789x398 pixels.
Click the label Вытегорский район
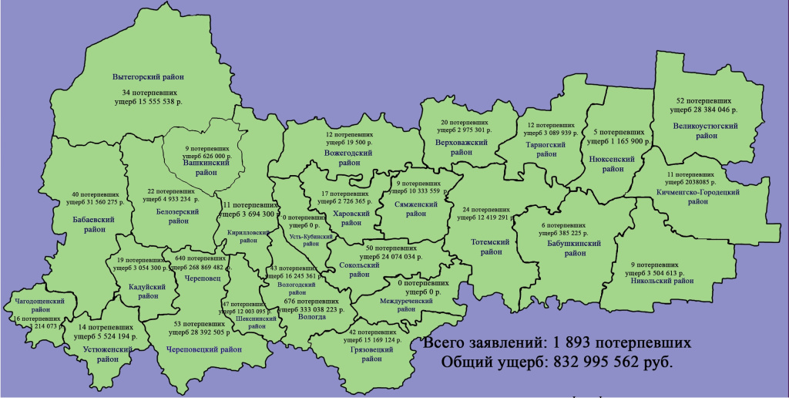pos(148,77)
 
